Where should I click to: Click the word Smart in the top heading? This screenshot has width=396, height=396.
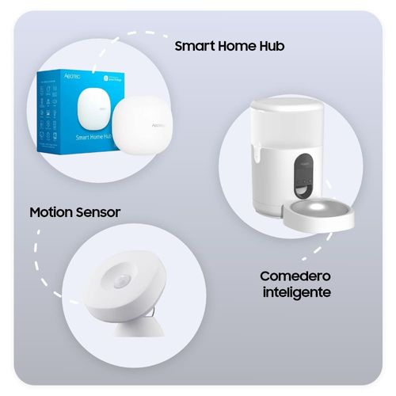pyautogui.click(x=193, y=47)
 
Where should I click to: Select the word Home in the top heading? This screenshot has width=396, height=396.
pyautogui.click(x=234, y=47)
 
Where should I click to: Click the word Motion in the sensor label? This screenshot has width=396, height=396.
pyautogui.click(x=52, y=213)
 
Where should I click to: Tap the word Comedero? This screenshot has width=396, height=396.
pyautogui.click(x=295, y=276)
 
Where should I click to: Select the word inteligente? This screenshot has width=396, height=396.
pyautogui.click(x=295, y=292)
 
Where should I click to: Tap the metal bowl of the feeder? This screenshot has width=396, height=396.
pyautogui.click(x=320, y=213)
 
